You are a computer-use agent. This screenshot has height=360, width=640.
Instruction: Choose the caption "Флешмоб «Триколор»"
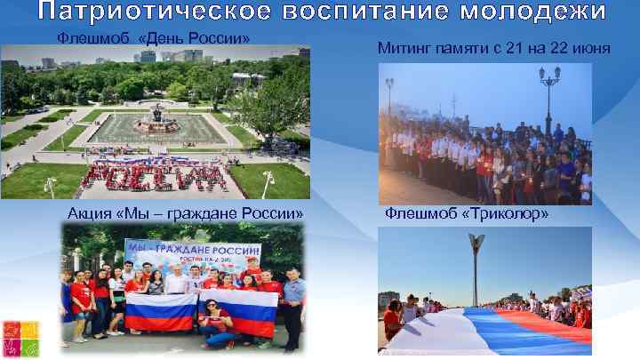point(466,214)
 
